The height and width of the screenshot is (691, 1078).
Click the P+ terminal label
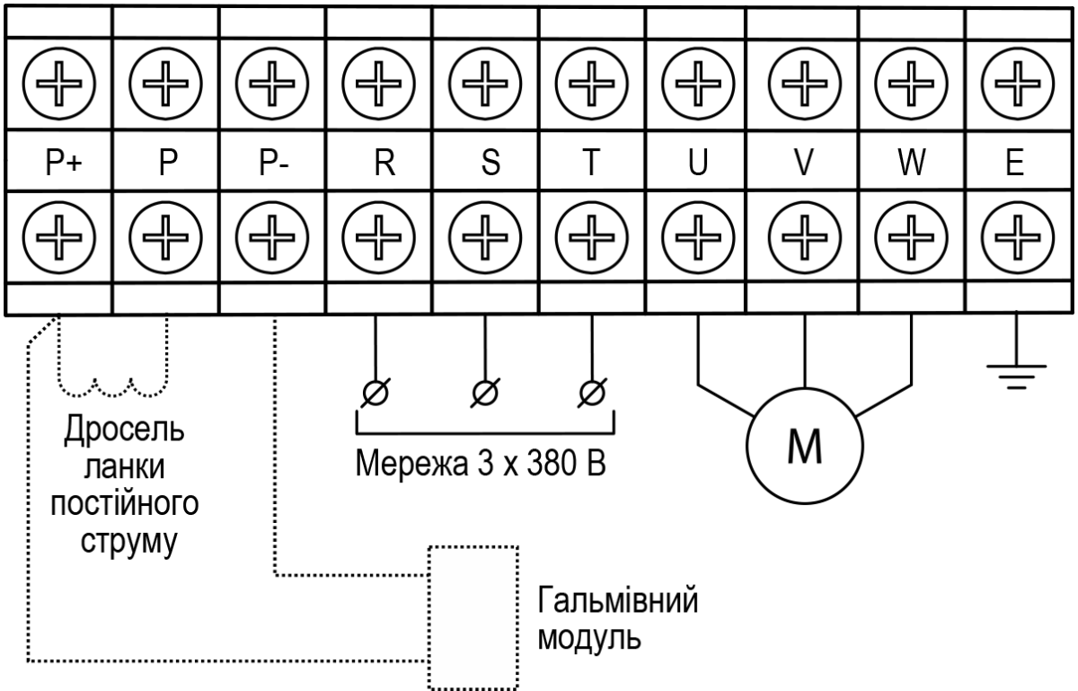point(64,162)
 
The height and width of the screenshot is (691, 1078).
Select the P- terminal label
point(274,162)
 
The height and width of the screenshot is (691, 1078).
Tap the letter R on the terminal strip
point(384,163)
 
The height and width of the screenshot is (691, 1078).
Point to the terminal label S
point(490,163)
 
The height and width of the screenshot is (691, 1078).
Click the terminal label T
point(591,163)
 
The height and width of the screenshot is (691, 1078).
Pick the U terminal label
point(698,163)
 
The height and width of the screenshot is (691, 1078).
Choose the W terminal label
point(912,163)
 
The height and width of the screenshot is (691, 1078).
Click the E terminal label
point(1015,163)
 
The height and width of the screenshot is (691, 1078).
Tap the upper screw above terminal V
point(805,84)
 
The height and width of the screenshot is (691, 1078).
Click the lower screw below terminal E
point(1017,237)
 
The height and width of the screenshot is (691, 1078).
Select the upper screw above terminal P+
point(58,84)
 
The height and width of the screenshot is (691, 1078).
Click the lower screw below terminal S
point(485,237)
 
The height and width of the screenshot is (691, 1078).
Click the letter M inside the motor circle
point(805,447)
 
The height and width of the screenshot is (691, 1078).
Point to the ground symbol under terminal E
point(1016,377)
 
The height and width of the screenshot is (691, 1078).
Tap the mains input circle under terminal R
point(376,393)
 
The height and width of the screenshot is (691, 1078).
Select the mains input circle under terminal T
point(592,393)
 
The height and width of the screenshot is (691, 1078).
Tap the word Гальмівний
point(617,600)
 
